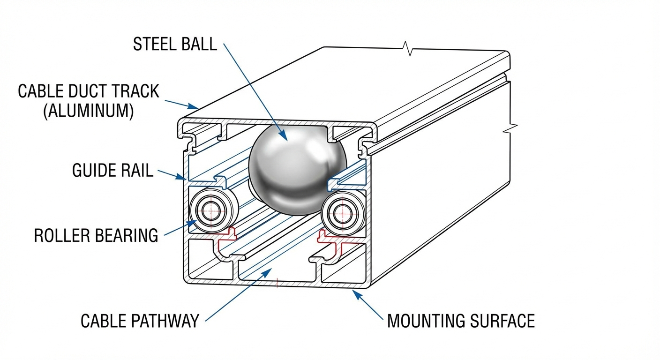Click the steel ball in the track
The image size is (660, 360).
(298, 170)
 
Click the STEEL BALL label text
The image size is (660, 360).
(175, 44)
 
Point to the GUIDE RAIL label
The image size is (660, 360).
(113, 170)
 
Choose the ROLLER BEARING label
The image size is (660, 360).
(96, 235)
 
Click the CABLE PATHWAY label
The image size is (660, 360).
(140, 321)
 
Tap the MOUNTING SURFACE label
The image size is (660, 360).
(461, 321)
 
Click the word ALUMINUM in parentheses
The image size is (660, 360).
(89, 111)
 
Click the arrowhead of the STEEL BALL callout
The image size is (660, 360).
(284, 136)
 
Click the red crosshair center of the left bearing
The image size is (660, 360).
(210, 211)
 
